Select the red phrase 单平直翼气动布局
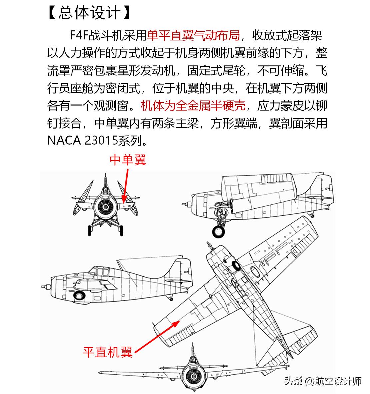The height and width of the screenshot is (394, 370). pyautogui.click(x=193, y=35)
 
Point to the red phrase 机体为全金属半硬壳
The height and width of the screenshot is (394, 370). pyautogui.click(x=193, y=106)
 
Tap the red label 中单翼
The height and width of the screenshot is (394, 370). pyautogui.click(x=128, y=160)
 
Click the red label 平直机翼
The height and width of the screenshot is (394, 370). pyautogui.click(x=107, y=352)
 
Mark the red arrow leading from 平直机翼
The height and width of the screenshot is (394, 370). pyautogui.click(x=157, y=336)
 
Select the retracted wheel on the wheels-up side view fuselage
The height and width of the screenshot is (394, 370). pyautogui.click(x=80, y=295)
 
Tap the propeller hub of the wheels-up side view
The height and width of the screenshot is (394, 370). pyautogui.click(x=44, y=286)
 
